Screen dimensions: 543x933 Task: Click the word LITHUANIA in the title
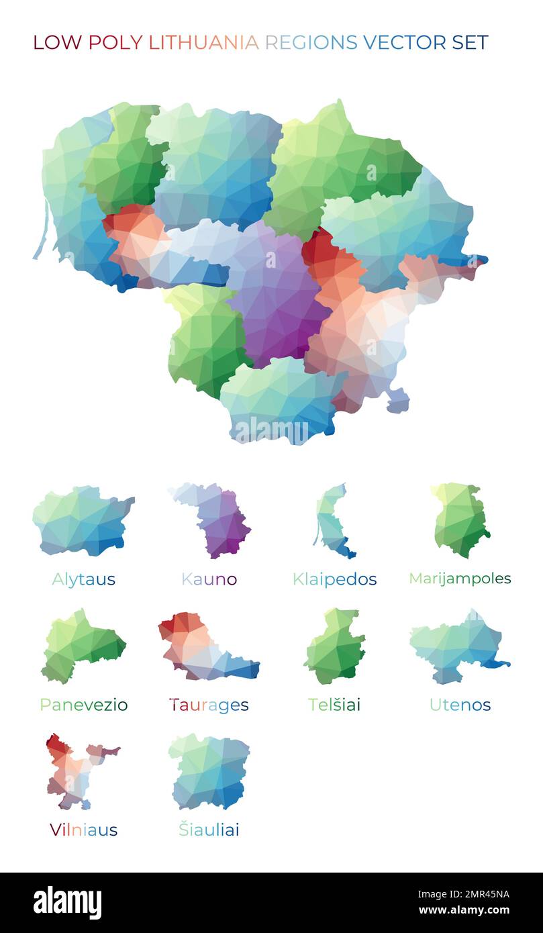203,42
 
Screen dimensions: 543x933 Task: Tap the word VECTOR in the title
404,42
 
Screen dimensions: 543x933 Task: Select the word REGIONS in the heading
311,42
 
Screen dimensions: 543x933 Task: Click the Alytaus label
83,579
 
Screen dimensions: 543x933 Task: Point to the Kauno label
209,579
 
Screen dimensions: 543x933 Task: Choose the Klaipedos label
334,579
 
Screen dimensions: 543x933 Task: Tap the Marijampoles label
460,579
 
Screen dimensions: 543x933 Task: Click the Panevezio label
83,705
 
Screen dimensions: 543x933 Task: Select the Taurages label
209,705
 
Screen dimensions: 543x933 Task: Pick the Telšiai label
334,705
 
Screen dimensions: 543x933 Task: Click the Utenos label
460,705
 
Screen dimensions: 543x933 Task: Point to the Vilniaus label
83,830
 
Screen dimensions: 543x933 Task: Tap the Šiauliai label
209,830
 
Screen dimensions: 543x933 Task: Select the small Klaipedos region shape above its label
332,524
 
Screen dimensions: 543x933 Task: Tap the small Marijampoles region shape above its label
460,520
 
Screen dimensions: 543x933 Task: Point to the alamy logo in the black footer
67,903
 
